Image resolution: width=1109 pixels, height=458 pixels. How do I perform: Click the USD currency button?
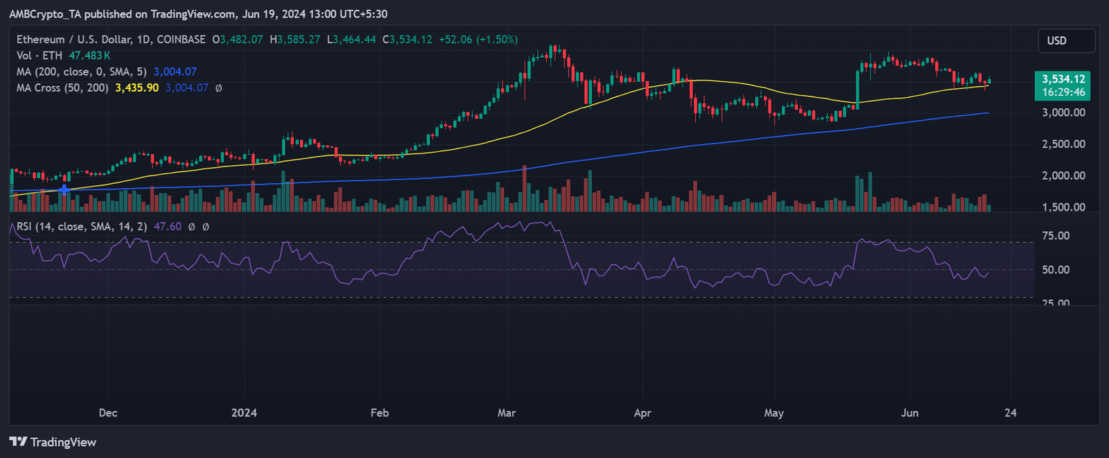[x=1066, y=41]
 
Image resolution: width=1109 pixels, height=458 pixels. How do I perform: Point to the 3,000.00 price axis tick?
[x=1063, y=112]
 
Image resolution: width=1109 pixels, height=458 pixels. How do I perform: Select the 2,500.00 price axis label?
[x=1063, y=144]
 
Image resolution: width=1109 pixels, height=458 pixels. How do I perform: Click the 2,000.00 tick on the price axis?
[x=1063, y=176]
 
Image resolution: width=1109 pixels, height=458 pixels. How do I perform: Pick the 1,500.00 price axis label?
[x=1063, y=207]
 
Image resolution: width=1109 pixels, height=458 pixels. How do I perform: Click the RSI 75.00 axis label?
[x=1056, y=236]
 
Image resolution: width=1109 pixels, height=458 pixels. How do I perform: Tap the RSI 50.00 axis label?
[x=1056, y=269]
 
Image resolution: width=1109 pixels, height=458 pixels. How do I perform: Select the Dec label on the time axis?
[x=108, y=413]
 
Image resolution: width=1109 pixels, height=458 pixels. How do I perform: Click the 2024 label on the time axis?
[x=244, y=413]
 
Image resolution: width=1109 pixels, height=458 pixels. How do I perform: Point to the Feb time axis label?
[x=380, y=413]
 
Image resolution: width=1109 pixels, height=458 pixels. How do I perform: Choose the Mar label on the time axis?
[x=507, y=413]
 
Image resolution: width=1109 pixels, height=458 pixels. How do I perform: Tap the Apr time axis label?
[x=643, y=413]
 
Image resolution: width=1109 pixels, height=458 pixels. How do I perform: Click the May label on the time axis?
[x=774, y=413]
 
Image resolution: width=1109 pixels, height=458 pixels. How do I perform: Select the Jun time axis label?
[x=909, y=413]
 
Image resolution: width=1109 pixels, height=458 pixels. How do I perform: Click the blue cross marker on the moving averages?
[x=64, y=189]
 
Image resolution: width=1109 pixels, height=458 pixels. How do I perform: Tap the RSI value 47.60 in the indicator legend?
[x=168, y=226]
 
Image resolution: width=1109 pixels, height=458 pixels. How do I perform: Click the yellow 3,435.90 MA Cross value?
[x=137, y=88]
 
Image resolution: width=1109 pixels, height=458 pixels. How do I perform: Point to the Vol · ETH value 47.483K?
[x=89, y=56]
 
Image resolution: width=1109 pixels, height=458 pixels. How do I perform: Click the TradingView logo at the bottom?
[x=53, y=442]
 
